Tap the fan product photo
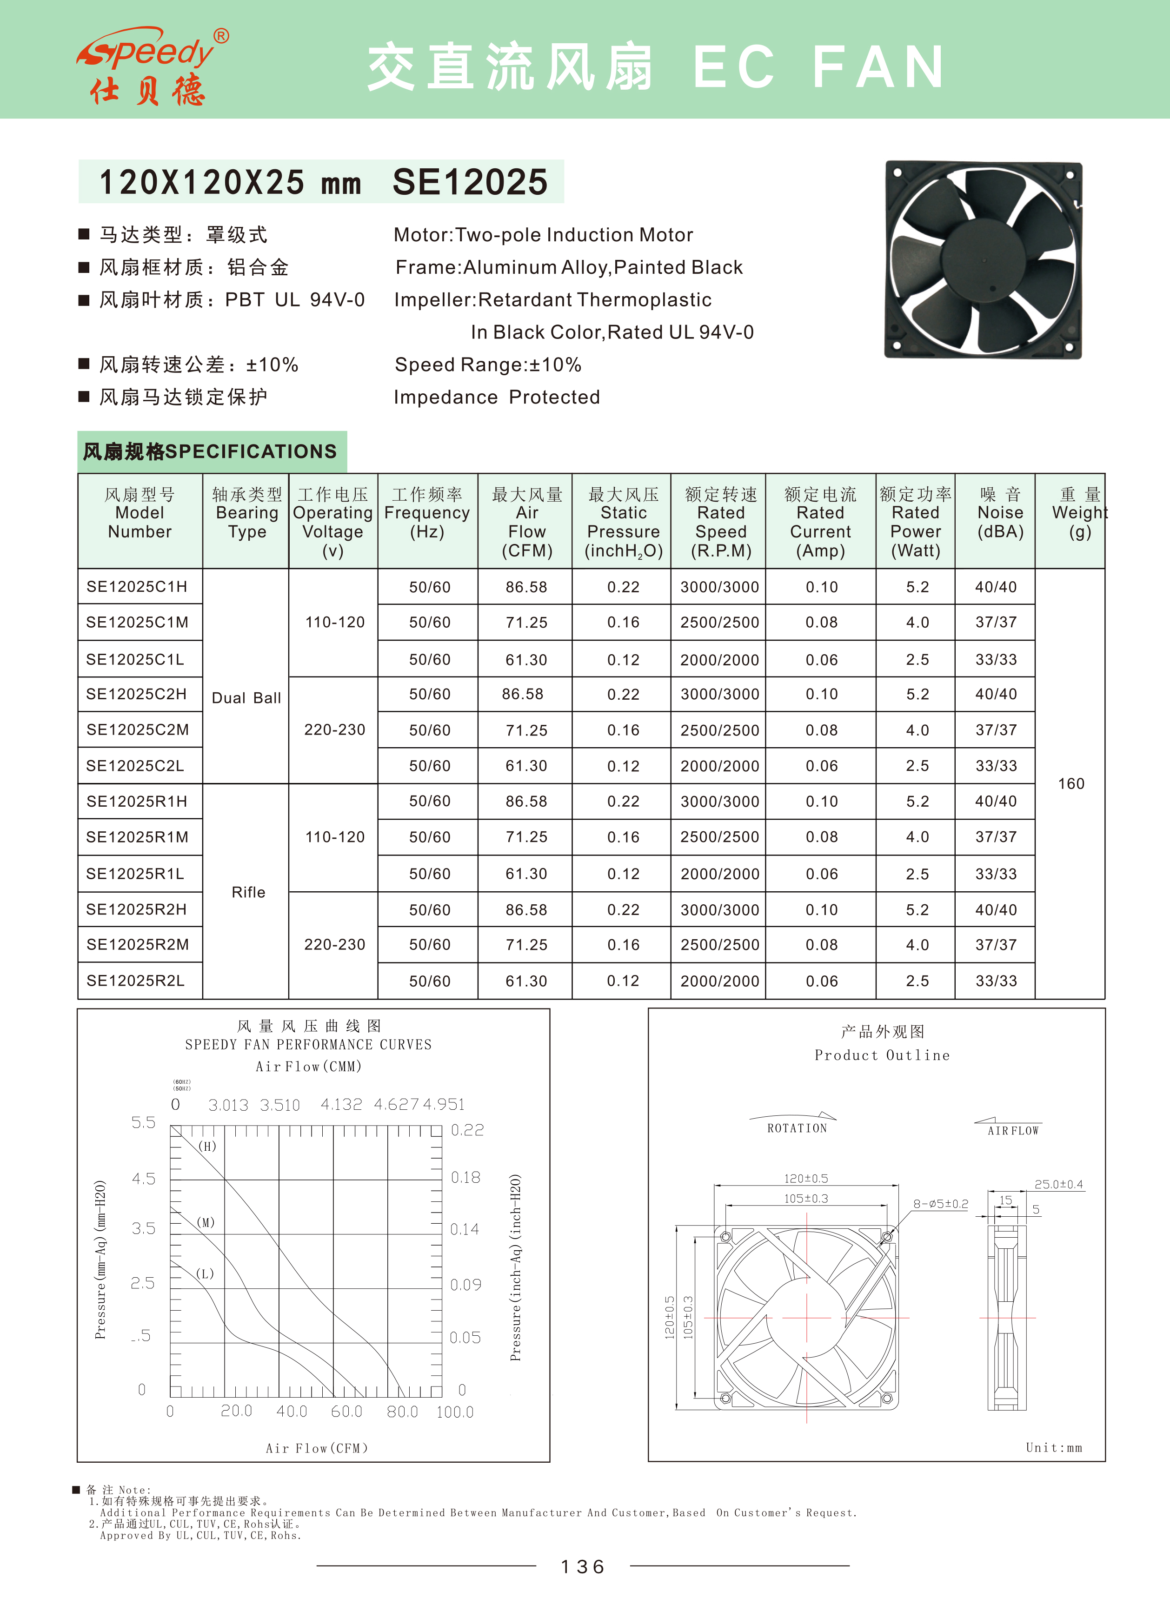coord(983,260)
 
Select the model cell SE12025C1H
coord(137,587)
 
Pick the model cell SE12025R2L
coord(135,981)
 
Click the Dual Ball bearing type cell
coord(246,698)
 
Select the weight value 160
coord(1071,784)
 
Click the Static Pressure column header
coord(623,522)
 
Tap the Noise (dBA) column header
coord(1000,513)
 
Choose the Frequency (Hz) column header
coord(427,513)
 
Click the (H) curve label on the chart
coord(207,1146)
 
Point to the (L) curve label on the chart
coord(205,1274)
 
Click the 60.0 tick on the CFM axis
coord(346,1411)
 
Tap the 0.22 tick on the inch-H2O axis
coord(467,1130)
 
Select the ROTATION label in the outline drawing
coord(797,1128)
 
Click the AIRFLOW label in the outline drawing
coord(1013,1131)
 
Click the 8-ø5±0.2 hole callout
coord(940,1204)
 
